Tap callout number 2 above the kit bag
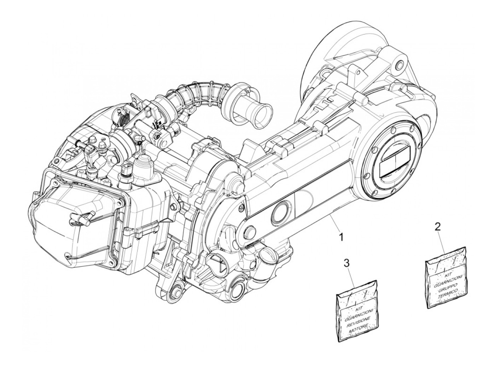pyautogui.click(x=437, y=227)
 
